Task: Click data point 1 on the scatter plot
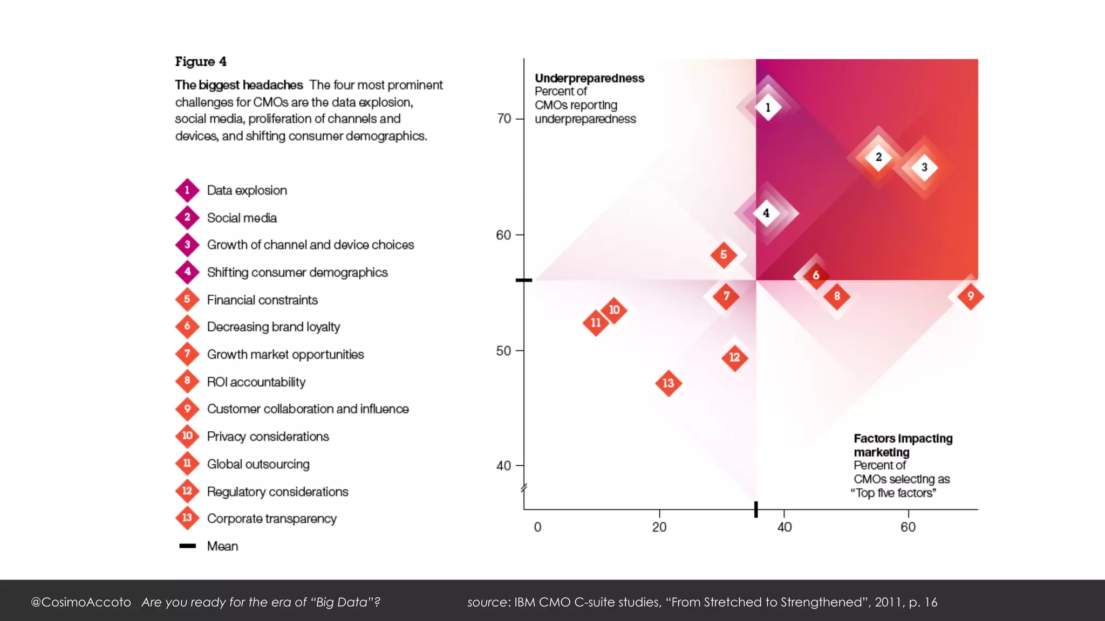click(x=768, y=107)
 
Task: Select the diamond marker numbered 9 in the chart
click(x=970, y=296)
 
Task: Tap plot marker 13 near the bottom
click(x=669, y=383)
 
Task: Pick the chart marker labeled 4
click(x=766, y=213)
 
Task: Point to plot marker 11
click(x=596, y=323)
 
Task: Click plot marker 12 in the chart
click(x=734, y=357)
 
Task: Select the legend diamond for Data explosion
click(x=187, y=190)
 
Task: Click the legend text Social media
click(x=242, y=218)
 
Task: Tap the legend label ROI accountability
click(x=256, y=382)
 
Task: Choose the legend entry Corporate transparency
click(x=271, y=519)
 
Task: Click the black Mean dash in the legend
click(x=187, y=546)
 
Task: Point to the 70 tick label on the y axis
click(x=504, y=119)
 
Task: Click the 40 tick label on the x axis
click(x=784, y=527)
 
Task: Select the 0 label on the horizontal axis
click(x=537, y=527)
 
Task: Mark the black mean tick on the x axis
click(x=756, y=509)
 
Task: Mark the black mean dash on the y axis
click(x=524, y=280)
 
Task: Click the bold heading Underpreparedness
click(x=589, y=78)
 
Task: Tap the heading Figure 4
click(x=201, y=61)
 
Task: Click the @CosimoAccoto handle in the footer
click(x=81, y=602)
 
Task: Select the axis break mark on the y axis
click(x=523, y=489)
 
